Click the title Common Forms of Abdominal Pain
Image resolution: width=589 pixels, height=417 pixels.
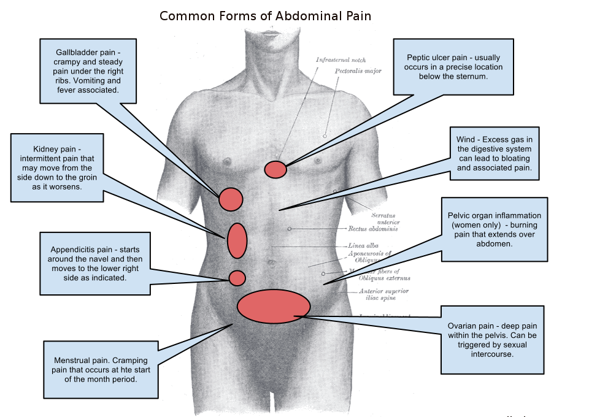click(265, 16)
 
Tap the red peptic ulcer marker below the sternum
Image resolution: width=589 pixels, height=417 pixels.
click(275, 169)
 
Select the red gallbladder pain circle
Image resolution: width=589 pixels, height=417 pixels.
click(231, 199)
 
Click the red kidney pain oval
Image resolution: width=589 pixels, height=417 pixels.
click(237, 240)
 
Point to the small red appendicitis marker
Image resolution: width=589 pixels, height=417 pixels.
click(237, 278)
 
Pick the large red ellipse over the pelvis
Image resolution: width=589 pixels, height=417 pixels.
click(274, 306)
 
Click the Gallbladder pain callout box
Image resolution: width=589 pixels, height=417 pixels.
click(88, 71)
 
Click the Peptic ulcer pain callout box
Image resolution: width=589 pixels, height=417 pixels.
click(454, 66)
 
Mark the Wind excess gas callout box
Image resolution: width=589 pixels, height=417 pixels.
click(494, 154)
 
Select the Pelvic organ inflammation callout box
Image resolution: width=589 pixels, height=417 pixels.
click(495, 229)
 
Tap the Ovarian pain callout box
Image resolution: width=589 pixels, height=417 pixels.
click(492, 340)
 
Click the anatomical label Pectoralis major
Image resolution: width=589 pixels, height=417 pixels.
click(358, 71)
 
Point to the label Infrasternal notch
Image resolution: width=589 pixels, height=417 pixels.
click(341, 60)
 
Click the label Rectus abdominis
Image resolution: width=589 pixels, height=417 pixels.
click(372, 229)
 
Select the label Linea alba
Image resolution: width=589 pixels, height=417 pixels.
click(363, 245)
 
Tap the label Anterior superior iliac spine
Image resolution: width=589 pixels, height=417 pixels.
click(383, 294)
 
